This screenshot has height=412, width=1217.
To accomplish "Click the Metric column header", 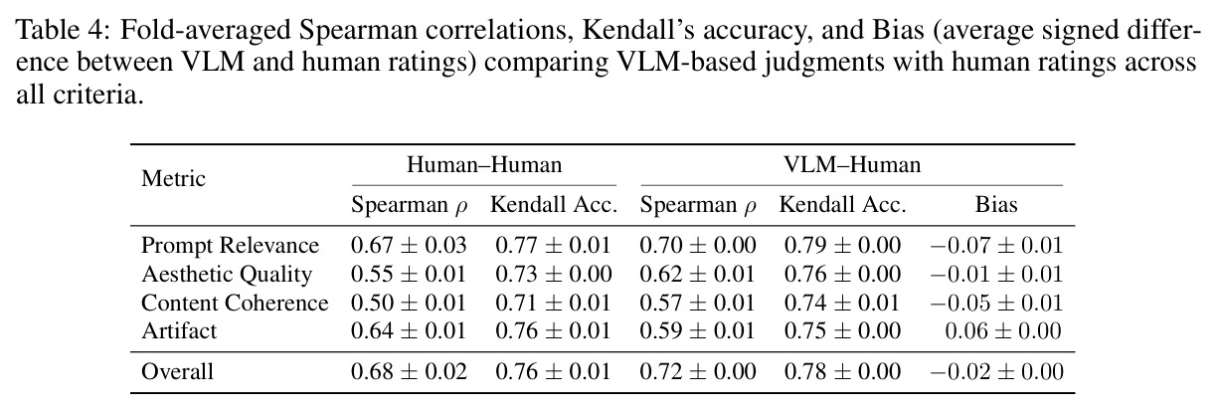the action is (173, 178).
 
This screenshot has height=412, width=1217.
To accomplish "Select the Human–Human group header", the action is (484, 164).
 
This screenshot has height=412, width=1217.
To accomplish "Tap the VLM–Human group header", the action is (852, 164).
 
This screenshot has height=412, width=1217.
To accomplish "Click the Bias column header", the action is (996, 205).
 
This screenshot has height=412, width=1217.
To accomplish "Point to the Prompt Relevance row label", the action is (230, 246).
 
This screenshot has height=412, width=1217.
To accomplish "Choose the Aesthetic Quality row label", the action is (227, 275).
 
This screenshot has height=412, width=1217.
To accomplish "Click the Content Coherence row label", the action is (235, 303).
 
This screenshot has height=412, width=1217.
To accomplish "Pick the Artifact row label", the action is (179, 331).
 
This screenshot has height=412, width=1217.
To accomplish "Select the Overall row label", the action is (177, 372).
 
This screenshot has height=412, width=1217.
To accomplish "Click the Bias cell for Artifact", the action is (1002, 331).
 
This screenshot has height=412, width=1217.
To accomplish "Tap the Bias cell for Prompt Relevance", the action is (996, 246).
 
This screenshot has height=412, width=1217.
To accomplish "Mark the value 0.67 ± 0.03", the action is (409, 246).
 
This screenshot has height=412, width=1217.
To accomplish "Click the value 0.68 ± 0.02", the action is (409, 372).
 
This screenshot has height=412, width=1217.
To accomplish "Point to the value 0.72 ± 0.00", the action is (698, 372).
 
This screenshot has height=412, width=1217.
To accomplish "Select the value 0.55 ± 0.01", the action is (409, 275).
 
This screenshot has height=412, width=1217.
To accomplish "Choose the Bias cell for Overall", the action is (996, 372).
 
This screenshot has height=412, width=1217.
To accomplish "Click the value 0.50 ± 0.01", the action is (409, 303).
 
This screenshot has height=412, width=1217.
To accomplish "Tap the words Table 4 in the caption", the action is (63, 29).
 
